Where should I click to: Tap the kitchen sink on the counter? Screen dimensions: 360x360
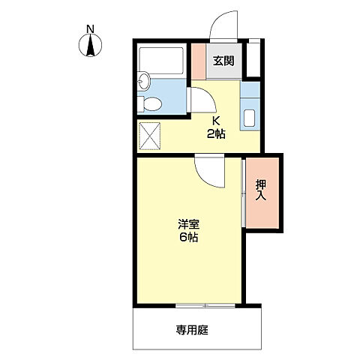click(250, 118)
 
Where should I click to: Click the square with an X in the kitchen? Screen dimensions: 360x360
click(151, 136)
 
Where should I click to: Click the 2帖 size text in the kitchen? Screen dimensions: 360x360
click(215, 134)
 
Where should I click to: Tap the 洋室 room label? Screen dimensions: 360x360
click(188, 223)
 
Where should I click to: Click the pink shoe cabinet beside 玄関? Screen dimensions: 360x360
click(197, 61)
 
